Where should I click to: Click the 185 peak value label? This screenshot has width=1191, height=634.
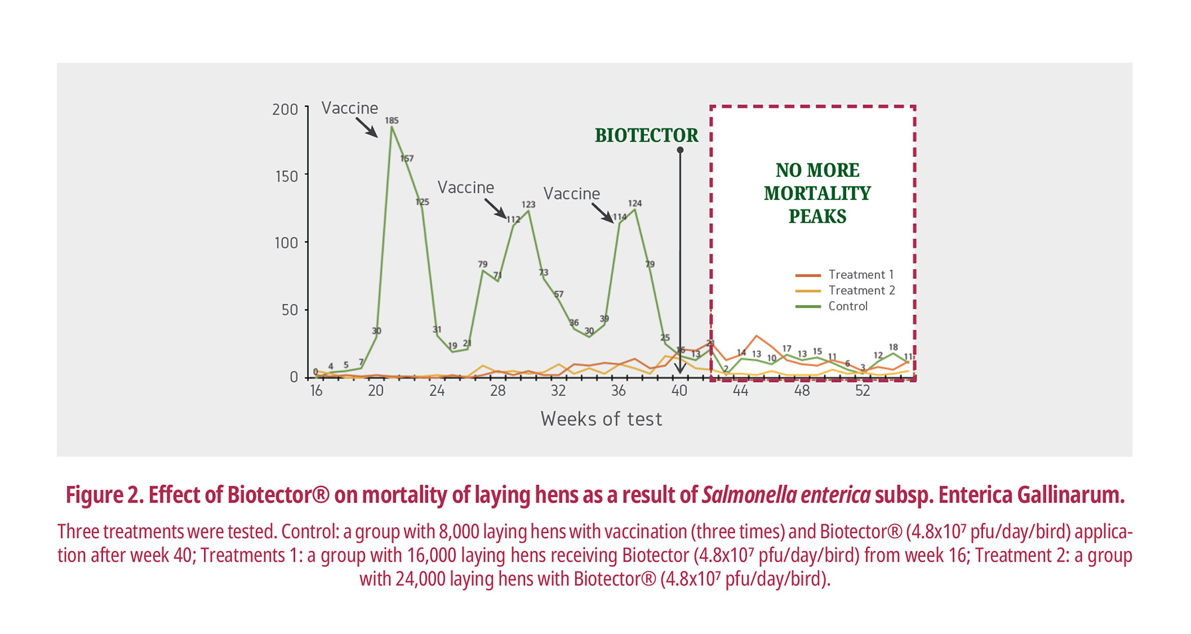pos(391,120)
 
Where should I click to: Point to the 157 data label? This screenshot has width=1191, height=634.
pos(407,158)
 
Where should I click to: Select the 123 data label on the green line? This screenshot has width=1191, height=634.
pos(528,204)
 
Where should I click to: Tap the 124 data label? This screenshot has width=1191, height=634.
pos(635,203)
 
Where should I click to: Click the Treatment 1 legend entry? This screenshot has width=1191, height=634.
pos(845,274)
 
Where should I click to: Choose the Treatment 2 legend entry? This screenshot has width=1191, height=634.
pos(845,290)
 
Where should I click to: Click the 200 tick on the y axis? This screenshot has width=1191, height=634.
pos(285,109)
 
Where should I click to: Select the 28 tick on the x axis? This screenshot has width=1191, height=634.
pos(498,391)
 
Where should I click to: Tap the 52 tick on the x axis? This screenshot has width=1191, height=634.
pos(862,391)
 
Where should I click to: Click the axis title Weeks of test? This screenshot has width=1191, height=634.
pos(601,419)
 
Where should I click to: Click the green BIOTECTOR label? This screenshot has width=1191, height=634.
pos(646,136)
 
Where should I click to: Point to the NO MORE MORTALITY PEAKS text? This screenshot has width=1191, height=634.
pos(817,193)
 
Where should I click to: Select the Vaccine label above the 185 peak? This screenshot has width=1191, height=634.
pos(350,108)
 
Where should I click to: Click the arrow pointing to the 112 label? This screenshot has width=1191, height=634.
pos(495,208)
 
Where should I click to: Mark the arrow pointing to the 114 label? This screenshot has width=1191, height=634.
pos(603,213)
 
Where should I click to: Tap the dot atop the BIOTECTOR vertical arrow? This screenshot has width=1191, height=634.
pos(680,150)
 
